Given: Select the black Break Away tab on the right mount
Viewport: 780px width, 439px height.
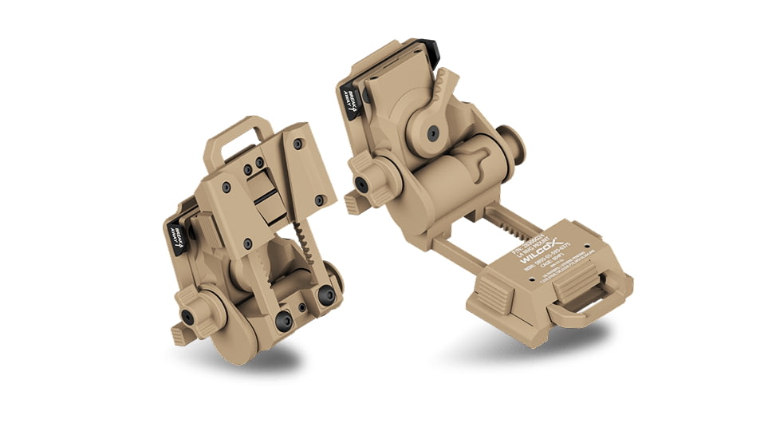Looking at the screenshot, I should click(349, 95).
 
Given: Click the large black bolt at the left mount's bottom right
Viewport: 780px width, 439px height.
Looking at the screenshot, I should click(325, 296).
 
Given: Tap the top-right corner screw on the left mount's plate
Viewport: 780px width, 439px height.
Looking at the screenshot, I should click(297, 144).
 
